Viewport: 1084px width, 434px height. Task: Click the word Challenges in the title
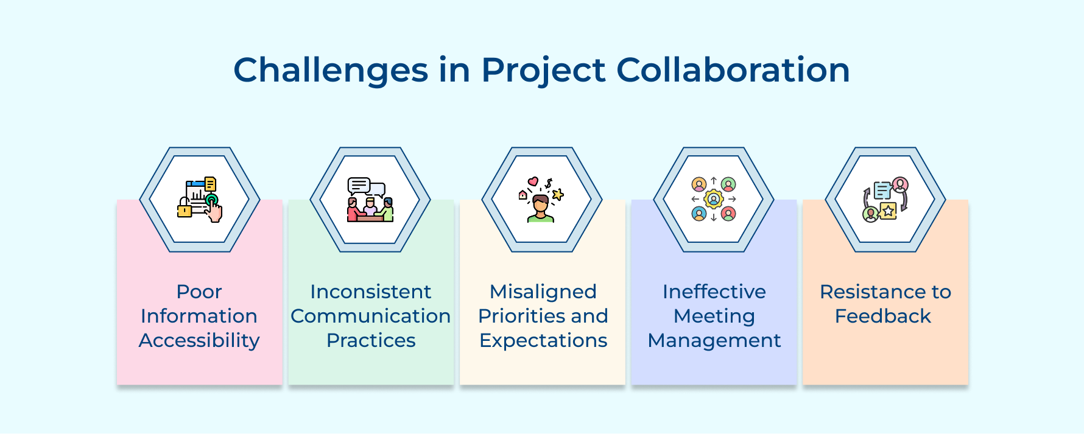[x=331, y=70]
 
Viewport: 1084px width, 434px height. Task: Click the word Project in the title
[x=543, y=70]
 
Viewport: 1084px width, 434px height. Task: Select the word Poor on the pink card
[x=199, y=292]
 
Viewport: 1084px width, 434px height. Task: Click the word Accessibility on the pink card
[x=199, y=340]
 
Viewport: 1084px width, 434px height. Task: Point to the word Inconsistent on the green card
[x=370, y=292]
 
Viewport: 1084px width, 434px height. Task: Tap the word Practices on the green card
[x=370, y=340]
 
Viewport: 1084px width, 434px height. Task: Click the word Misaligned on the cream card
[x=543, y=292]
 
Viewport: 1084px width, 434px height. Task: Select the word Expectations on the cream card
[x=543, y=340]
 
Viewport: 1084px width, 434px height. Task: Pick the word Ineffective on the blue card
[x=714, y=292]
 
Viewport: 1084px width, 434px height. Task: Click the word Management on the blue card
[x=714, y=340]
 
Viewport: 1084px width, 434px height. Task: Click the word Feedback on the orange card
[x=882, y=316]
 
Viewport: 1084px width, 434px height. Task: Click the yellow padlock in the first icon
[x=185, y=210]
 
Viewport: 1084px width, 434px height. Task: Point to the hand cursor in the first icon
[x=214, y=211]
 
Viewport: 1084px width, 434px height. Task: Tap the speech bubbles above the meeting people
[x=365, y=186]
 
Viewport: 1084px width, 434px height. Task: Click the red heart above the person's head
[x=533, y=181]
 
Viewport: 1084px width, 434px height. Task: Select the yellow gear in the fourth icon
[x=714, y=199]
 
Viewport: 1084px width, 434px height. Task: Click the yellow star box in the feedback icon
[x=888, y=211]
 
